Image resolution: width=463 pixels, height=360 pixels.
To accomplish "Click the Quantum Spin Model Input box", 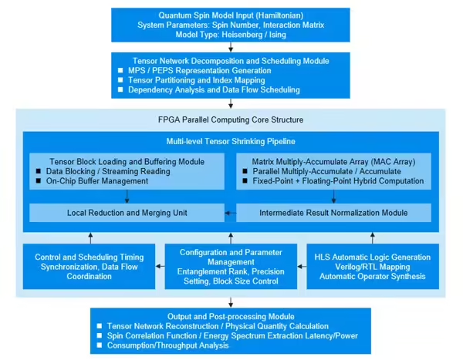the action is coord(231,25).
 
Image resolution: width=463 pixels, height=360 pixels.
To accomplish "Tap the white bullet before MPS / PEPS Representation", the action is coord(120,70).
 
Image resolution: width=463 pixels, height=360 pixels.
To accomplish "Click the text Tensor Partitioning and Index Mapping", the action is coord(196,80).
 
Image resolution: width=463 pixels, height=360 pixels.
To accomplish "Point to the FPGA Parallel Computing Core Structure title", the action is coord(231,119).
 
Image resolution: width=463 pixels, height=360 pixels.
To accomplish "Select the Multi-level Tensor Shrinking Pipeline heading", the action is coord(231,141).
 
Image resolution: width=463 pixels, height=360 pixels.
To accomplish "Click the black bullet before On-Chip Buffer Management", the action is coord(39,180).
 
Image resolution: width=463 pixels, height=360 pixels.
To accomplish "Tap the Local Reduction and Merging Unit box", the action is coord(127,213).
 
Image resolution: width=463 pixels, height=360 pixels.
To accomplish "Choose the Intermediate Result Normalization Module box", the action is coord(333,213).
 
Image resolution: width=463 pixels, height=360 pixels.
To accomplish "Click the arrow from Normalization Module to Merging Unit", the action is coord(230,213).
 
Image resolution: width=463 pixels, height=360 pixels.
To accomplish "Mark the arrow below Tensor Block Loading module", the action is coord(127,197).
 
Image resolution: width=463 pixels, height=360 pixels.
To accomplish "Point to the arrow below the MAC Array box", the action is coord(333,197).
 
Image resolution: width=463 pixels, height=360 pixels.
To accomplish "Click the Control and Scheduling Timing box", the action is coord(90,267).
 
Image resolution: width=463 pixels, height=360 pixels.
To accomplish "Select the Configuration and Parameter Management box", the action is coord(231,267).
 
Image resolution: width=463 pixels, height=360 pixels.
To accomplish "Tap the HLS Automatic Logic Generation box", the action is coord(373,267).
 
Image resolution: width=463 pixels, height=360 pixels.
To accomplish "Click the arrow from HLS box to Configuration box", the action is coord(302,267).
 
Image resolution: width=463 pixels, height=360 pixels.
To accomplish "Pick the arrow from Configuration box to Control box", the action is coord(160,267).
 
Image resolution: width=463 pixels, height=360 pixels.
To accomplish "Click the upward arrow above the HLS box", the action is coord(373,238).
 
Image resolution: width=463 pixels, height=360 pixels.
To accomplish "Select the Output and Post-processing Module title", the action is coord(231,317).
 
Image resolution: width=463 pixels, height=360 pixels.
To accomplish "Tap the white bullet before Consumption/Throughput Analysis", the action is coord(100,345).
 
